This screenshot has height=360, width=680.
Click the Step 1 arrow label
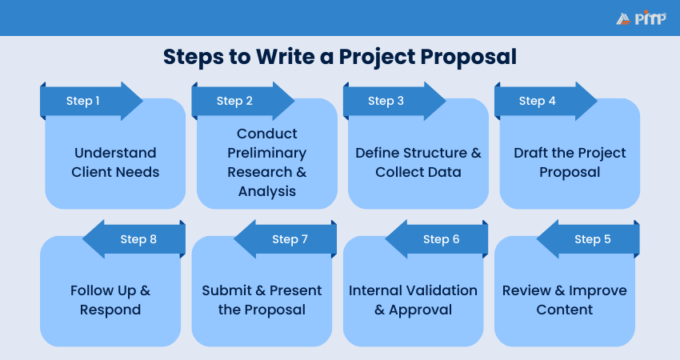83,101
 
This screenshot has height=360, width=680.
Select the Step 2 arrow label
234,101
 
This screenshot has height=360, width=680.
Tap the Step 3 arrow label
386,101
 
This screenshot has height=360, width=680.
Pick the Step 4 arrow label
538,101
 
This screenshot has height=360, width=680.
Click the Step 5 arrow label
593,239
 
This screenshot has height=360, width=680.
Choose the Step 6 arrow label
442,239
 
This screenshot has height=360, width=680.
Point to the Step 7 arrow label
290,239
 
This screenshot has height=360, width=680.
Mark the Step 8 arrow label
138,239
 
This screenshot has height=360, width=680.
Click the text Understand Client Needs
115,162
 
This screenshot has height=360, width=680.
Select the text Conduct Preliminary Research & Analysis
267,162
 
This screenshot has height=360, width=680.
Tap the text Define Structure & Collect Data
418,162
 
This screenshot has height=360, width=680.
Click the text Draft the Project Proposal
570,162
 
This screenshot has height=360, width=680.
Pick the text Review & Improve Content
565,300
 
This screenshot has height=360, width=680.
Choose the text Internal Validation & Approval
413,300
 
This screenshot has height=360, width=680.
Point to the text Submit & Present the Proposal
262,300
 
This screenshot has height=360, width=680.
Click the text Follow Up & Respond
110,300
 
